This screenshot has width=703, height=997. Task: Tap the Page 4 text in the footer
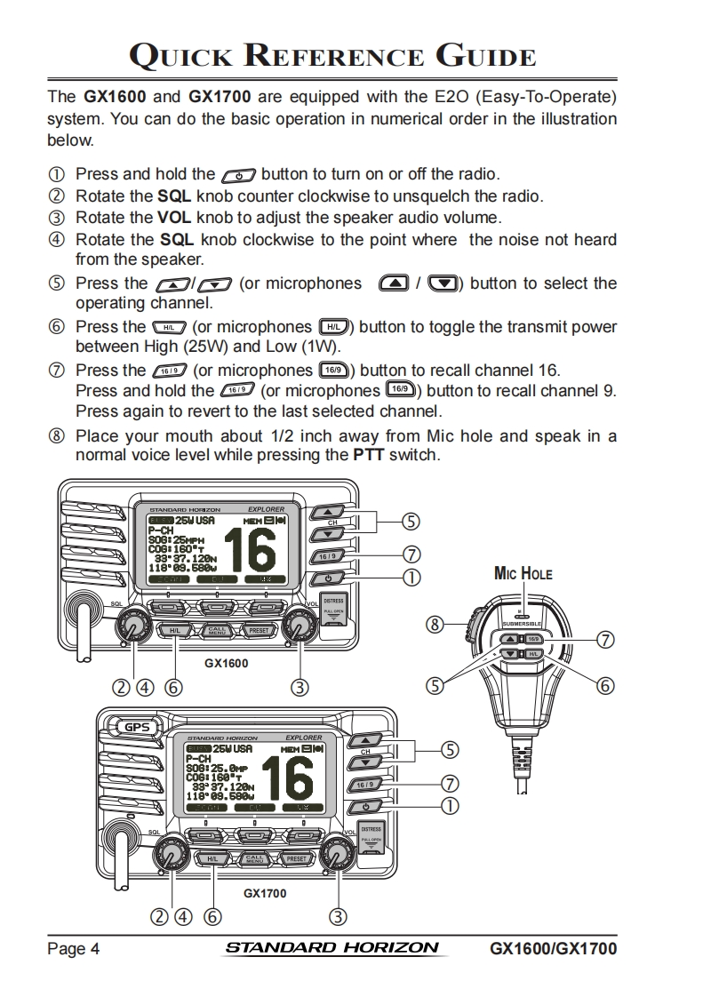pyautogui.click(x=73, y=948)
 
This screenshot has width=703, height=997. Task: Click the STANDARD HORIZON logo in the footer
pyautogui.click(x=332, y=947)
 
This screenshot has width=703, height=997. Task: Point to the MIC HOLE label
pyautogui.click(x=523, y=574)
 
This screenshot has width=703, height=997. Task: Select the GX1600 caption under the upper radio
pyautogui.click(x=226, y=662)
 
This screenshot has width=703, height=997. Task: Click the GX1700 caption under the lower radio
pyautogui.click(x=265, y=893)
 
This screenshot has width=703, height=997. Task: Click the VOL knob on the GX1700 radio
pyautogui.click(x=337, y=856)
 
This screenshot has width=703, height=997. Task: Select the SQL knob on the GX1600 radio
pyautogui.click(x=133, y=626)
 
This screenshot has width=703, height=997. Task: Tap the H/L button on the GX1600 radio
pyautogui.click(x=176, y=631)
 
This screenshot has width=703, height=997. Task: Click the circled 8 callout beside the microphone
pyautogui.click(x=435, y=625)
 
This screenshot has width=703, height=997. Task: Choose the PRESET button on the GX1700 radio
pyautogui.click(x=296, y=859)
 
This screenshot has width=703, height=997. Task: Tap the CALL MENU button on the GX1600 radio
pyautogui.click(x=218, y=631)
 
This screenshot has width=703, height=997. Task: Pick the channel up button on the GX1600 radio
pyautogui.click(x=328, y=514)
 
